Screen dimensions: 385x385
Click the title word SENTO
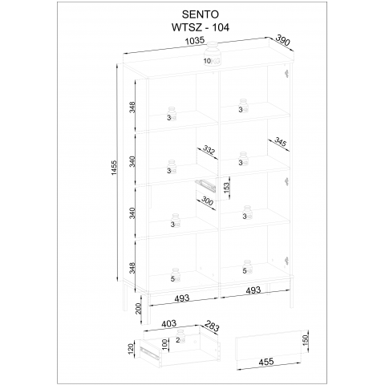(201, 14)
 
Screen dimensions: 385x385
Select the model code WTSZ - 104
(201, 27)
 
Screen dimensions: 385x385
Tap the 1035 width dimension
(195, 41)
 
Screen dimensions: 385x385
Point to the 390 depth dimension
(282, 40)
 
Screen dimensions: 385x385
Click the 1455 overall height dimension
(114, 168)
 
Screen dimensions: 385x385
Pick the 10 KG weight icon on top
(212, 54)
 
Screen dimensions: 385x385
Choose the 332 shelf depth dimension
(209, 150)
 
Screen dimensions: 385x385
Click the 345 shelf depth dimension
(281, 141)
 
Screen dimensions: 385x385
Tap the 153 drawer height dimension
(226, 188)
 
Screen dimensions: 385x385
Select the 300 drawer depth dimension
(207, 201)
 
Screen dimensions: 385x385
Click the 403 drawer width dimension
(169, 324)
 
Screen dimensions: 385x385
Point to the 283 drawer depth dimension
(212, 326)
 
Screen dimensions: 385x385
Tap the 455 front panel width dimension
(266, 362)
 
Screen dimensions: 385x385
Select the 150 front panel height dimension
(306, 339)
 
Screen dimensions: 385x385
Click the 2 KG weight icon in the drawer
(180, 336)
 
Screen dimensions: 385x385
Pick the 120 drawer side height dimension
(131, 349)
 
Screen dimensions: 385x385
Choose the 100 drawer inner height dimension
(164, 344)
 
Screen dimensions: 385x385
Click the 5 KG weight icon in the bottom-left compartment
(176, 275)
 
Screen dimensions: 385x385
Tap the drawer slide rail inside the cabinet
(205, 185)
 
